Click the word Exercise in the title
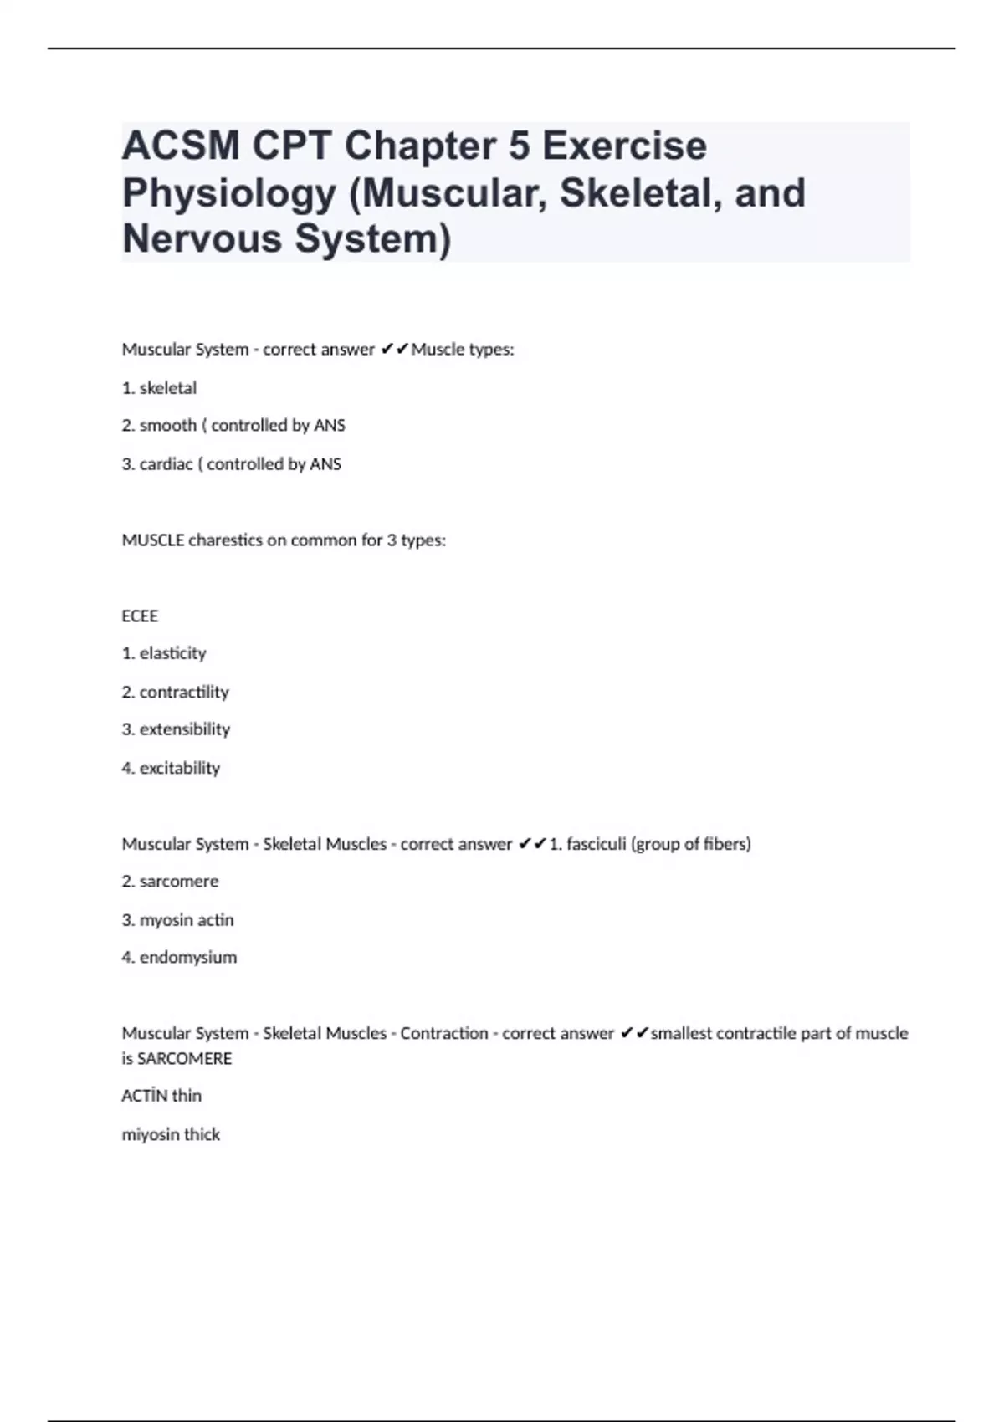tap(624, 146)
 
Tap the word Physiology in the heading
tap(228, 193)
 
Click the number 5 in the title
tap(519, 146)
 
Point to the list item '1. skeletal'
tap(159, 388)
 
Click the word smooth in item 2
tap(167, 426)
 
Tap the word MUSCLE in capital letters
tap(152, 540)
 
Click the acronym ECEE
tap(140, 616)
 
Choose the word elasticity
tap(172, 653)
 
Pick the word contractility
tap(184, 692)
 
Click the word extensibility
tap(185, 729)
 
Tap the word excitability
tap(180, 768)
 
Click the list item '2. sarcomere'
tap(170, 882)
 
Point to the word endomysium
tap(188, 957)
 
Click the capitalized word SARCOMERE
tap(184, 1059)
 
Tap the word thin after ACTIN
tap(187, 1096)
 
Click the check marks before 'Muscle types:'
tap(393, 350)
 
